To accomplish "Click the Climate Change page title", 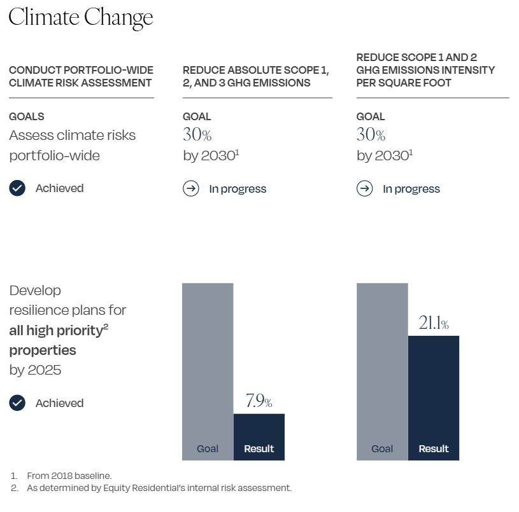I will point(81,17).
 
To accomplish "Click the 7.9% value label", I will point(259,401).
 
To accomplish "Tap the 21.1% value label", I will point(433,324).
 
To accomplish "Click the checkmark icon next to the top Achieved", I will point(17,188).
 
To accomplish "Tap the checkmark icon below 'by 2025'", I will point(17,403).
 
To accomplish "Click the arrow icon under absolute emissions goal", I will point(191,189).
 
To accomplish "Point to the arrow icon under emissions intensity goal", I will point(364,189).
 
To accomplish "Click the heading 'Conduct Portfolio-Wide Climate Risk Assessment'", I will point(81,76).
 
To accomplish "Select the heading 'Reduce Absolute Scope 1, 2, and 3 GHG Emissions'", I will point(255,76).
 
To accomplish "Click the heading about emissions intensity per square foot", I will point(425,70).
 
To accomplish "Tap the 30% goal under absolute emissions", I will point(197,135).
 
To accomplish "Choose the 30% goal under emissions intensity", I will point(371,135).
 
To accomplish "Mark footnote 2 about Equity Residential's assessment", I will point(159,488).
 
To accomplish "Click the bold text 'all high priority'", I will point(56,330).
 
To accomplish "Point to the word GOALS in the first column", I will point(27,116).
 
